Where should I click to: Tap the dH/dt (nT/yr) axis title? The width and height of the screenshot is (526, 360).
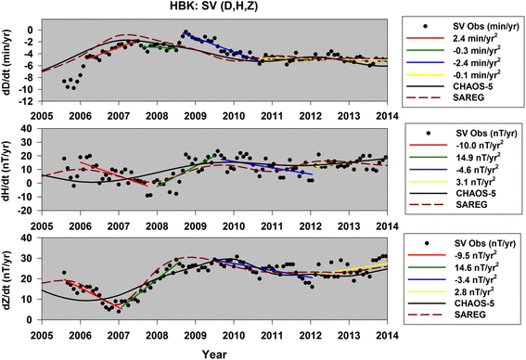(x=9, y=174)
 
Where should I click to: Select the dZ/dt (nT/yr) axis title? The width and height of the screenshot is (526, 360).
(x=9, y=285)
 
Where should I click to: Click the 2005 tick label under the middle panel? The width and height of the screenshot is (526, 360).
(x=42, y=222)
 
